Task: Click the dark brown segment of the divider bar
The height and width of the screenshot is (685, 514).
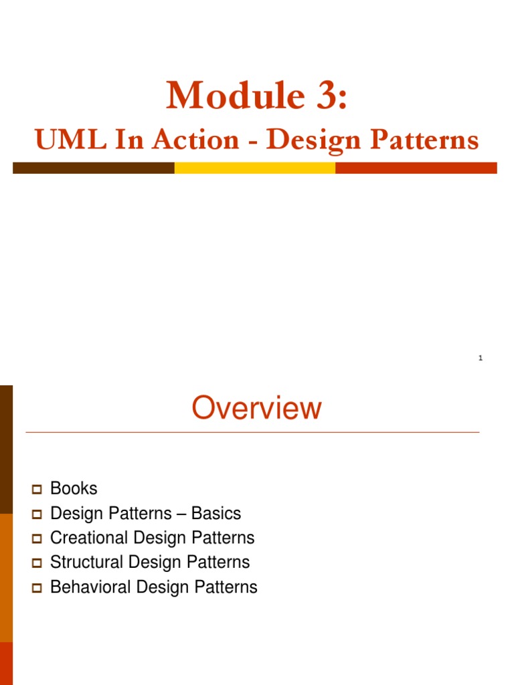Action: pos(93,168)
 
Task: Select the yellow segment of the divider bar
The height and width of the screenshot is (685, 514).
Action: pos(254,168)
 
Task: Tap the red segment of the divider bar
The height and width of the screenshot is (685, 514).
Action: pos(416,168)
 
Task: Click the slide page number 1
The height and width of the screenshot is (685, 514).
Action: pos(480,359)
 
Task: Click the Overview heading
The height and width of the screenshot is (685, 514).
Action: pos(256,409)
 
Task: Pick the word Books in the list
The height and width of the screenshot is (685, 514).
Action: pos(74,488)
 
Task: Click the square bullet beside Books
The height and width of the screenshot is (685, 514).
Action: pos(37,490)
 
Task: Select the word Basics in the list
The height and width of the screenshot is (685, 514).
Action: pos(216,513)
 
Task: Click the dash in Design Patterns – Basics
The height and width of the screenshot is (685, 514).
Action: pos(181,514)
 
